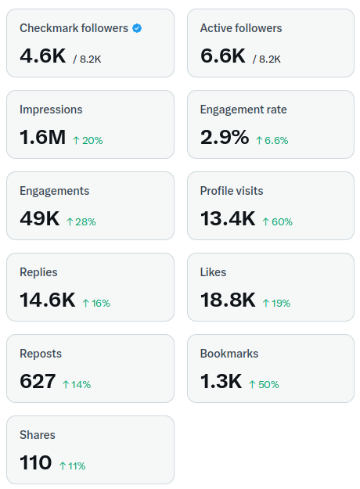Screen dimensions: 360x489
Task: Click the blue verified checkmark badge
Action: click(x=137, y=28)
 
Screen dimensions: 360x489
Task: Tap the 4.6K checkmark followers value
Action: click(x=43, y=56)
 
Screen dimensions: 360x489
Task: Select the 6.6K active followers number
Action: click(x=223, y=56)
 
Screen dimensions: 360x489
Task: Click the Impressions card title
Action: click(x=51, y=110)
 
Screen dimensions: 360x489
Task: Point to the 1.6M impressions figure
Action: click(x=43, y=137)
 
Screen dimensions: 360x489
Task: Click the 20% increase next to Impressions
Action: click(x=88, y=141)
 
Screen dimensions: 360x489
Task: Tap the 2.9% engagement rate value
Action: click(x=225, y=137)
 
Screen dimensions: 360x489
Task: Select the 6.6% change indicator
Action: click(x=272, y=141)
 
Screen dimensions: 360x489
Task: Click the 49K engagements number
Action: click(x=40, y=218)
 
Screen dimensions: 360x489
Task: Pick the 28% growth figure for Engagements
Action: click(x=81, y=222)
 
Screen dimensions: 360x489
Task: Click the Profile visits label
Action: click(x=232, y=191)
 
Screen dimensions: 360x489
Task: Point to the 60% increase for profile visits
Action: click(x=277, y=222)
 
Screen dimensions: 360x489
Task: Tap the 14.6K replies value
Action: click(x=48, y=300)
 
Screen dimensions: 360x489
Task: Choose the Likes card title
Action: click(x=214, y=272)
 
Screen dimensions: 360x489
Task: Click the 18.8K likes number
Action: click(x=228, y=300)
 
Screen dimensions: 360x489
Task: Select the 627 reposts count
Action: click(x=38, y=381)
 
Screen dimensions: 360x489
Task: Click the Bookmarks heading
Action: click(x=229, y=354)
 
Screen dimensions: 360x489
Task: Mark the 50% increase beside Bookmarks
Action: click(x=264, y=385)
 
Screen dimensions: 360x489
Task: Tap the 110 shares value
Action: click(x=36, y=463)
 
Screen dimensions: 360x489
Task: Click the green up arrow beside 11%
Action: click(x=63, y=466)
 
